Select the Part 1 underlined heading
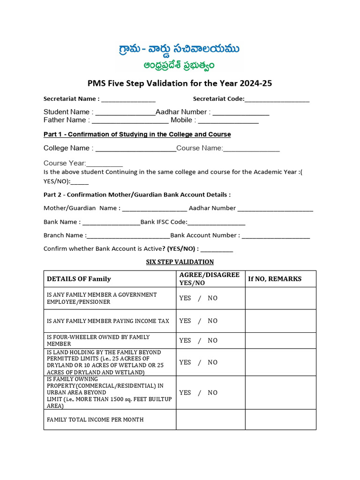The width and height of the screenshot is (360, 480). pyautogui.click(x=137, y=135)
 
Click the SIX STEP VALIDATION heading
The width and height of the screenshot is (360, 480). pyautogui.click(x=180, y=262)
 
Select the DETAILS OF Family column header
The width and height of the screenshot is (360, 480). pyautogui.click(x=79, y=279)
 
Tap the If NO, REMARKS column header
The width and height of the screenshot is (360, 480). pyautogui.click(x=275, y=279)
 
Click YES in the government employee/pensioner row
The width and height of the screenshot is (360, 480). pyautogui.click(x=185, y=298)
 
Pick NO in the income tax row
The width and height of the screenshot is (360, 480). pyautogui.click(x=213, y=321)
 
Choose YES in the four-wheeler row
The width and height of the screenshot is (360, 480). pyautogui.click(x=185, y=341)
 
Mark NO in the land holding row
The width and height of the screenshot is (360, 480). pyautogui.click(x=213, y=362)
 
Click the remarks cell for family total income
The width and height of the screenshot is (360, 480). pyautogui.click(x=280, y=420)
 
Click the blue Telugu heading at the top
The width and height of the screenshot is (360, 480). pyautogui.click(x=180, y=49)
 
